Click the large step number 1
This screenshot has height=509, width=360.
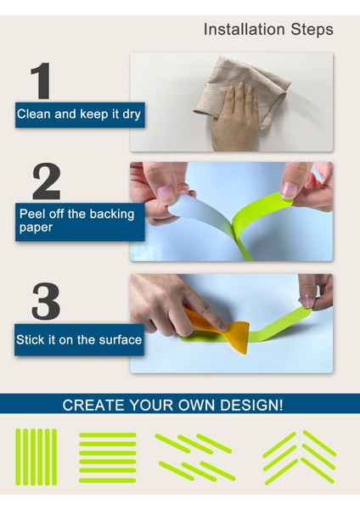point(41,81)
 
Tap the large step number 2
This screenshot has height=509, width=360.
point(47,182)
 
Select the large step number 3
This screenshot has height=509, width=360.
point(46,301)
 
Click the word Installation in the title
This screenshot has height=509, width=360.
point(245,29)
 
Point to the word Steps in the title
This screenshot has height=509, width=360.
point(312,30)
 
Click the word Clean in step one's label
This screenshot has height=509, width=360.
point(34,114)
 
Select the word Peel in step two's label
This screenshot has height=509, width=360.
point(31,214)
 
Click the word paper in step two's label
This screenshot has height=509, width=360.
point(36,228)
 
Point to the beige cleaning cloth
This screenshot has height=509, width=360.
point(241,90)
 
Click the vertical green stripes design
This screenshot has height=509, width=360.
point(36,457)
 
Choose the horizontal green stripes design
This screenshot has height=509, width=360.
point(108,457)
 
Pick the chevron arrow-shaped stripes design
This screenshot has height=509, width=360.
point(299,457)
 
